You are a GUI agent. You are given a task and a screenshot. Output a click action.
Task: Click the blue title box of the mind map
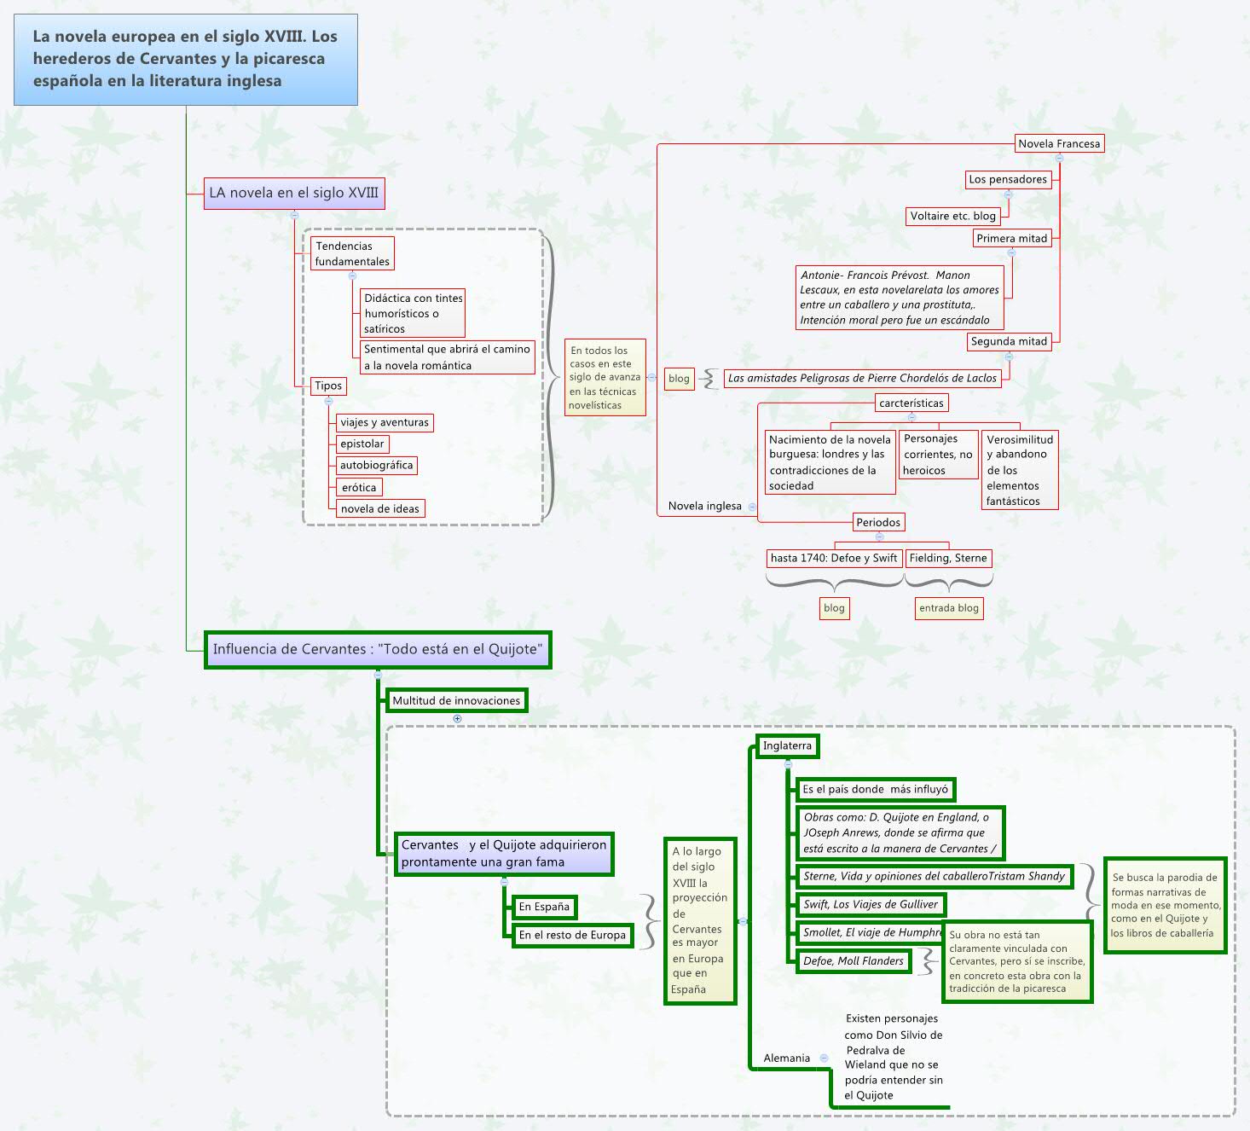185,59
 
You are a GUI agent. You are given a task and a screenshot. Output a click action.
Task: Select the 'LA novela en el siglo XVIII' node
293,193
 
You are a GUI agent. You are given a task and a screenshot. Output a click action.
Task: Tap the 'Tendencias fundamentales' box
351,253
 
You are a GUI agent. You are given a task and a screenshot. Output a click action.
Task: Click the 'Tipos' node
328,386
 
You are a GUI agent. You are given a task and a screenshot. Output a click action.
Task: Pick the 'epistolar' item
362,444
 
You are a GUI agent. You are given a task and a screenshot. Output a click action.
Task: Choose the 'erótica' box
359,487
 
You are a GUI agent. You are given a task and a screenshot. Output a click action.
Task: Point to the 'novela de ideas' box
379,508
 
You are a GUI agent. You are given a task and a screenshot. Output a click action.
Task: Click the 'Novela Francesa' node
1059,143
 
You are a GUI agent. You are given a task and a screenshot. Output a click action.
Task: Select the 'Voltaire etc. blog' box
952,216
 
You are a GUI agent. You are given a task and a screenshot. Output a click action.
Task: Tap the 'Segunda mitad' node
1009,341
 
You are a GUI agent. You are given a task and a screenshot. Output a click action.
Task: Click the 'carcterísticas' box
911,403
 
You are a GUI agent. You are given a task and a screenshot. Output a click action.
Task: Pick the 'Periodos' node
878,522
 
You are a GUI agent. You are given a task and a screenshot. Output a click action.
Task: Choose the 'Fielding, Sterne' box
948,558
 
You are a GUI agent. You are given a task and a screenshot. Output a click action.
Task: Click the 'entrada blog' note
949,608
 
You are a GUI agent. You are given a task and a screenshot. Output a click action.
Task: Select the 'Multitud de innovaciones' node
456,700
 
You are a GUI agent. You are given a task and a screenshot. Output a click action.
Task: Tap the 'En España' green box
544,907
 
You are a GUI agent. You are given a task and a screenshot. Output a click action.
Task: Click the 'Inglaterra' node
787,745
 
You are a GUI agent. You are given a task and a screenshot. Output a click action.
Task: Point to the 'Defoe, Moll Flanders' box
854,960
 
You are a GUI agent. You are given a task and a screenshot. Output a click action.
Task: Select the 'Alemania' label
786,1058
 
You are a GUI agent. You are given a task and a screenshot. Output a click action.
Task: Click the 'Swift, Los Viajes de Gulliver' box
871,904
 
